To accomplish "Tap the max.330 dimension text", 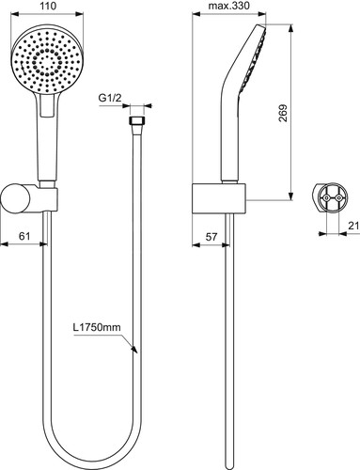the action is coord(229,6).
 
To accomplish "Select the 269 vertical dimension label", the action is coord(283,113).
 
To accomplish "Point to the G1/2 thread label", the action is coord(110,98).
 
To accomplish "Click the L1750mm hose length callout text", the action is coord(97,327).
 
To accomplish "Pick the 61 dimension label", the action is coord(24,236).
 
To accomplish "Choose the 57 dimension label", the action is coord(211,236).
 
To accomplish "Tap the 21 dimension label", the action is coord(354,226).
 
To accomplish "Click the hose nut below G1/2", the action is coord(137,121).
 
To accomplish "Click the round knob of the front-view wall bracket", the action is coord(16,199).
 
